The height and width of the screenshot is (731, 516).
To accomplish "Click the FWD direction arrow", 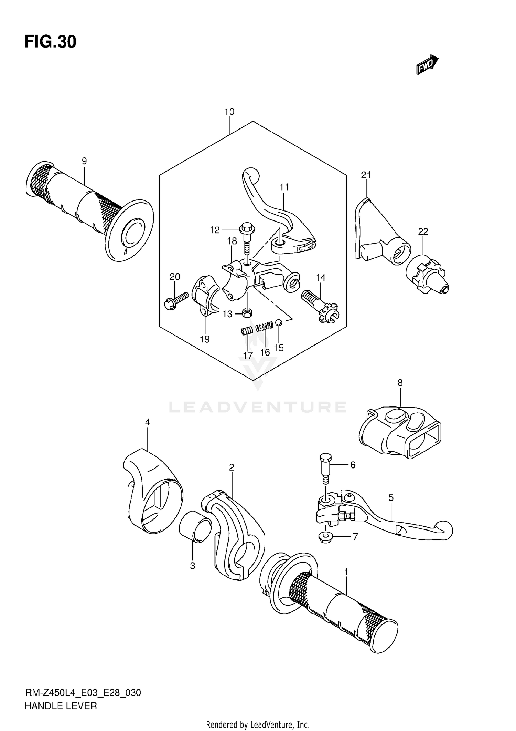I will pos(427,65).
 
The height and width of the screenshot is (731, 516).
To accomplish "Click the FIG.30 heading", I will pos(50,42).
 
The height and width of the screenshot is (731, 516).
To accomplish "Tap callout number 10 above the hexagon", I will pos(229,112).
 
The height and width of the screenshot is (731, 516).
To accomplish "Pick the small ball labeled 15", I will pos(279,322).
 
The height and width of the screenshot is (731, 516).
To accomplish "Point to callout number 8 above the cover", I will pos(400,383).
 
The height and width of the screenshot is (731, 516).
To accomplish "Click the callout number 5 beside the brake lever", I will pos(391,497).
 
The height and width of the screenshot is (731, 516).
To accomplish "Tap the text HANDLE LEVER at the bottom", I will pos(61,706).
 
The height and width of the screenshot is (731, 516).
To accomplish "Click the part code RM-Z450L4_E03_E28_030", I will pos(83,692).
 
